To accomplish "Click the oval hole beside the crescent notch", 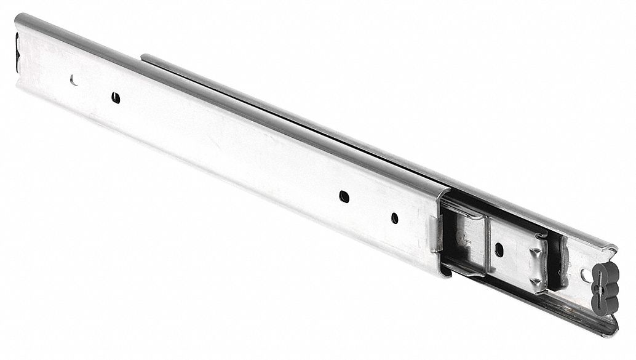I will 114,97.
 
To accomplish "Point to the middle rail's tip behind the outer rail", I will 145,58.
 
